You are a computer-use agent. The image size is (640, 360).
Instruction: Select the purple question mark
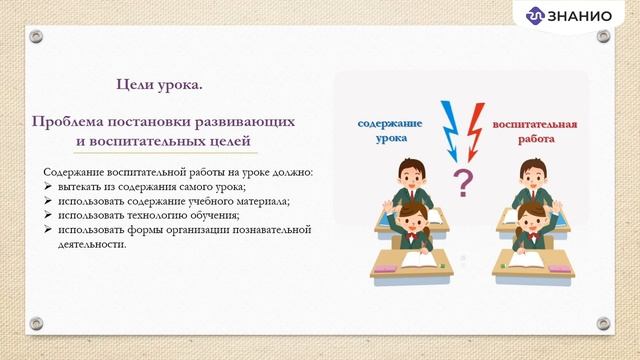click(x=462, y=182)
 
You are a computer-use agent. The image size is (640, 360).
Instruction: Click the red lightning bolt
click(x=473, y=127)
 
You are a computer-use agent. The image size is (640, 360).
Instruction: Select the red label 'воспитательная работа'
click(x=535, y=132)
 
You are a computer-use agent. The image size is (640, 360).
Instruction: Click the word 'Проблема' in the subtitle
click(x=69, y=121)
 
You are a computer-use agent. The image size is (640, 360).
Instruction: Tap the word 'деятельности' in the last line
click(x=91, y=243)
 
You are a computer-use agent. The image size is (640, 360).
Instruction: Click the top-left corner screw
click(x=36, y=36)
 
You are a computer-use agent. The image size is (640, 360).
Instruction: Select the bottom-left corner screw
click(x=36, y=324)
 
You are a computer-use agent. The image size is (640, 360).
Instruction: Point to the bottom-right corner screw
click(x=603, y=324)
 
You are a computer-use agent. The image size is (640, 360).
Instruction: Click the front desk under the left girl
click(x=410, y=262)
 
